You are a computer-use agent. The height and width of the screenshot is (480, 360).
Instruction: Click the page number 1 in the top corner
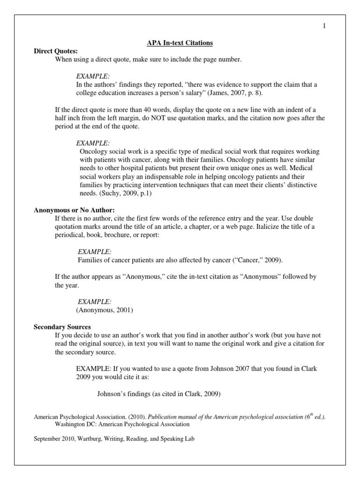tap(323, 26)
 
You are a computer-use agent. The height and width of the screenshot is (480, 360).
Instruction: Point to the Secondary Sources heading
tap(62, 326)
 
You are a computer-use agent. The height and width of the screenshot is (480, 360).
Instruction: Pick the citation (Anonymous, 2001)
tap(105, 310)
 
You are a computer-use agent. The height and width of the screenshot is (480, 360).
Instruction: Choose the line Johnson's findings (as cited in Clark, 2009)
tap(158, 394)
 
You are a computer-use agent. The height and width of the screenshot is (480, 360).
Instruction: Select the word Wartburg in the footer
tap(95, 439)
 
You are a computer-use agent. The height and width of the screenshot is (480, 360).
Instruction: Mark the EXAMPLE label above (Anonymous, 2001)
tap(94, 301)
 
